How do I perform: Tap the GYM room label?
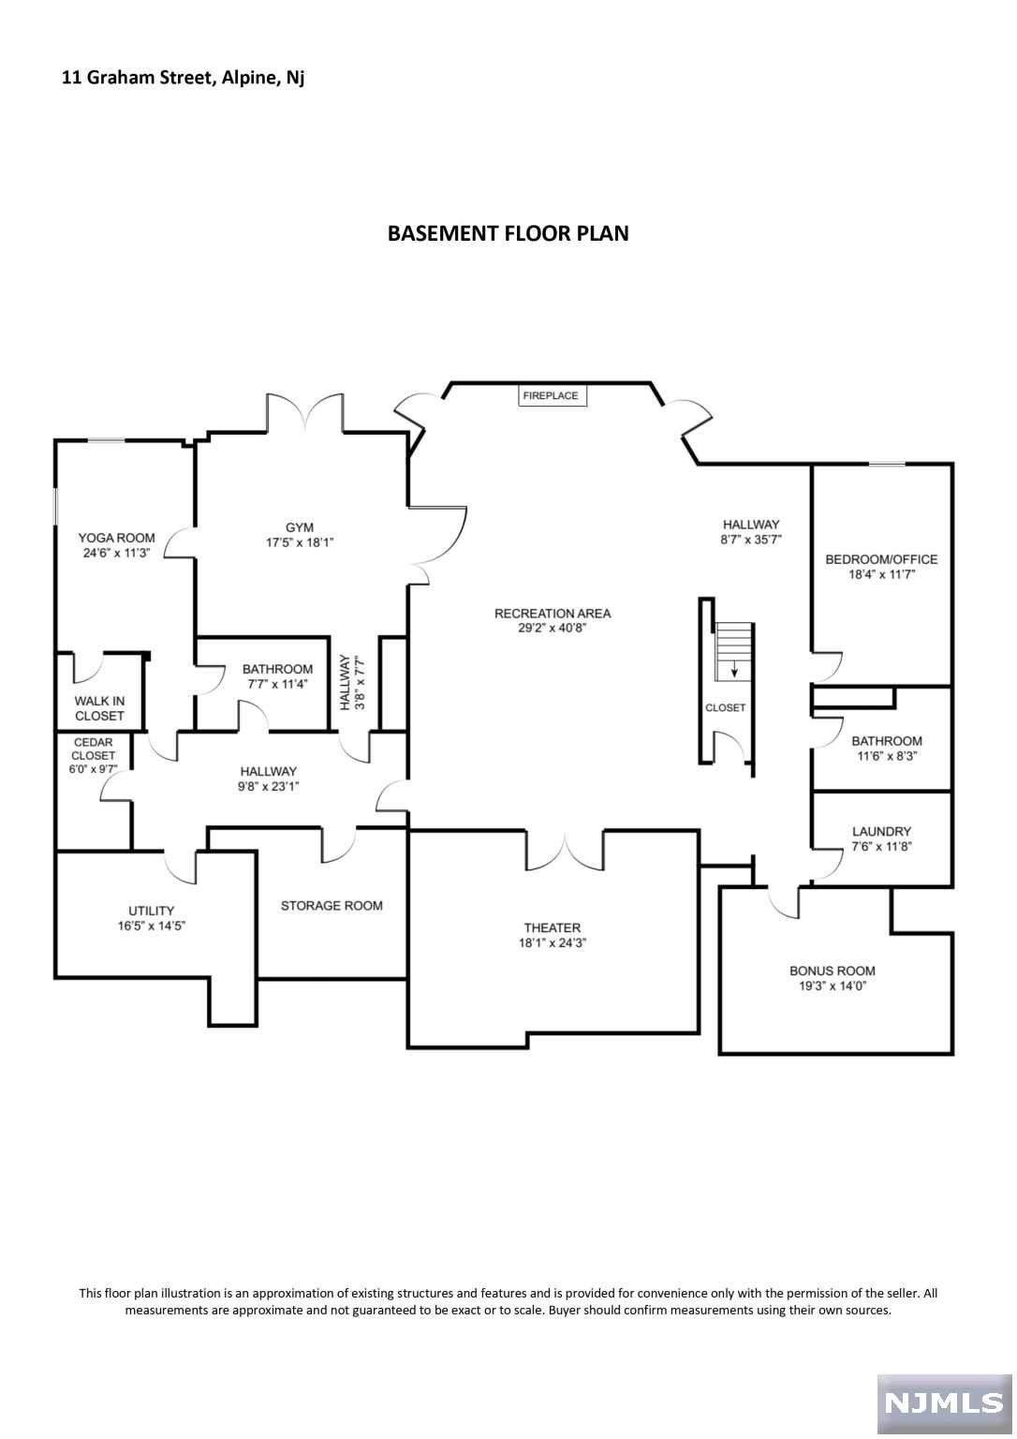[x=300, y=527]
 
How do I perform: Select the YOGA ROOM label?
[x=116, y=538]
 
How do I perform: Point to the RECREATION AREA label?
[x=553, y=614]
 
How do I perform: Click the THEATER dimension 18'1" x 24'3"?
[x=553, y=943]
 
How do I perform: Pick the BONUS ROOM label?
[x=833, y=971]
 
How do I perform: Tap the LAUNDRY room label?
[x=881, y=831]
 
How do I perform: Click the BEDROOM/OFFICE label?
[x=881, y=559]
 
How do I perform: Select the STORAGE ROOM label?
[x=332, y=906]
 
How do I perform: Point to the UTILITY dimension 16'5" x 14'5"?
[x=152, y=926]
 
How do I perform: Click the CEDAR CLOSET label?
[x=93, y=749]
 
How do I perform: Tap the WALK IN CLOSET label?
[x=99, y=708]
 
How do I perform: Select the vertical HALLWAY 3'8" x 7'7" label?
[x=352, y=682]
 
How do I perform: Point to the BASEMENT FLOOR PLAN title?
[x=508, y=233]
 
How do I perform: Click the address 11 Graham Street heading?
[x=183, y=78]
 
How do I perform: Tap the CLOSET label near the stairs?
[x=725, y=707]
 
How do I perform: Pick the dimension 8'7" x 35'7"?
[x=750, y=540]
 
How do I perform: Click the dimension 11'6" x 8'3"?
[x=887, y=756]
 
